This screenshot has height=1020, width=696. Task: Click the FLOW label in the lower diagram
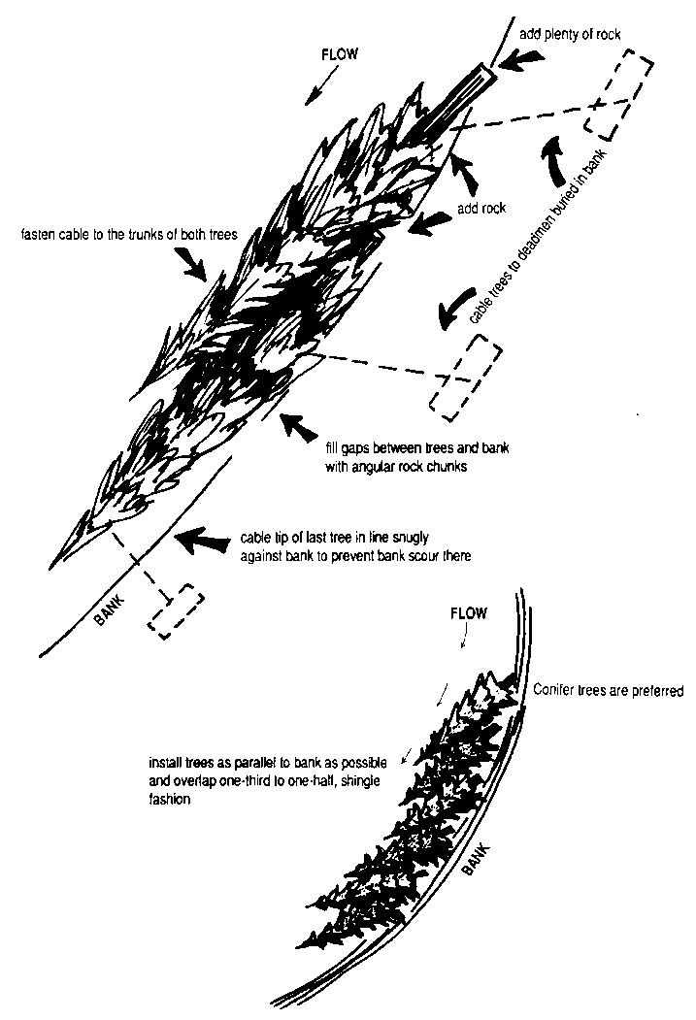[x=470, y=614]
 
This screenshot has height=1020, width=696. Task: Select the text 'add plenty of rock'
[x=571, y=34]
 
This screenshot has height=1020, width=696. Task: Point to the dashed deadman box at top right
[x=618, y=94]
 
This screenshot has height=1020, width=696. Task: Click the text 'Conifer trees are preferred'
[x=609, y=691]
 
